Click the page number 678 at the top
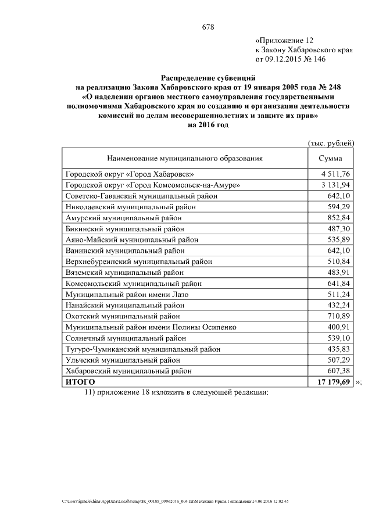click(208, 27)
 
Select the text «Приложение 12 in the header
click(285, 41)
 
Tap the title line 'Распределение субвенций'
click(208, 78)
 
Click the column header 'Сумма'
click(331, 158)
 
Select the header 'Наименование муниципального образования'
click(184, 158)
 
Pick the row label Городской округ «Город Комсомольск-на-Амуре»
click(152, 185)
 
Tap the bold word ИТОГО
click(80, 382)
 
